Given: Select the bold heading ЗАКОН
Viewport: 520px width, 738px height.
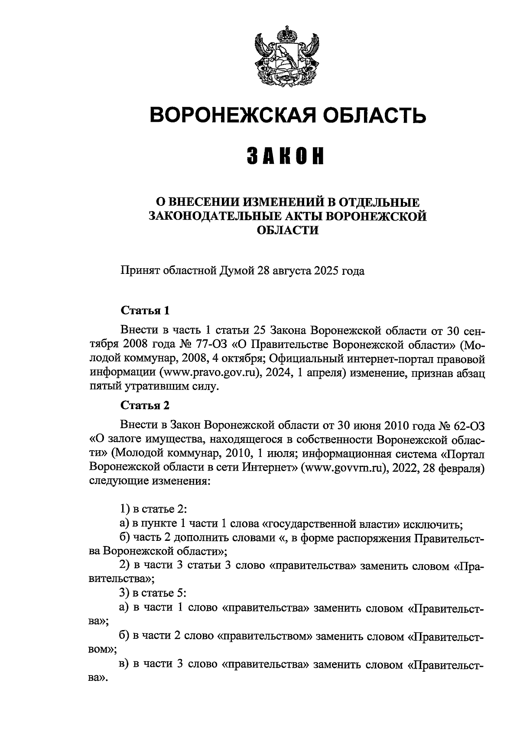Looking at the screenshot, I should point(286,156).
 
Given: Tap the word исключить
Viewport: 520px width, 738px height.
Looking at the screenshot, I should point(432,524).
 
